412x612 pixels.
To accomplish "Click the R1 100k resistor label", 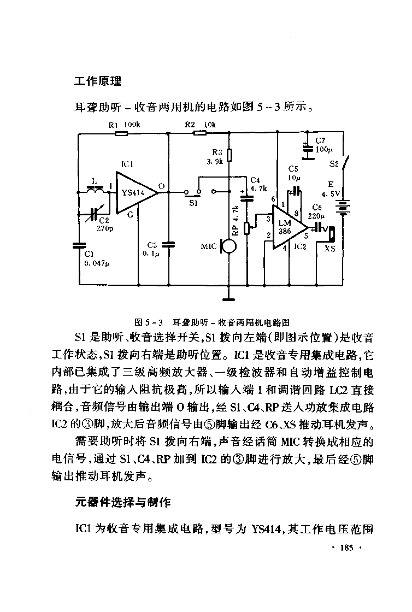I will pos(125,125).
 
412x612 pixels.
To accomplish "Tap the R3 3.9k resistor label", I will pos(214,157).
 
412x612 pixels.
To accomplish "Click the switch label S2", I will pos(333,163).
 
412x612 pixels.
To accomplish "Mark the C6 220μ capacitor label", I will pos(317,211).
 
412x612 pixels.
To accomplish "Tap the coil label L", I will pos(94,180).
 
